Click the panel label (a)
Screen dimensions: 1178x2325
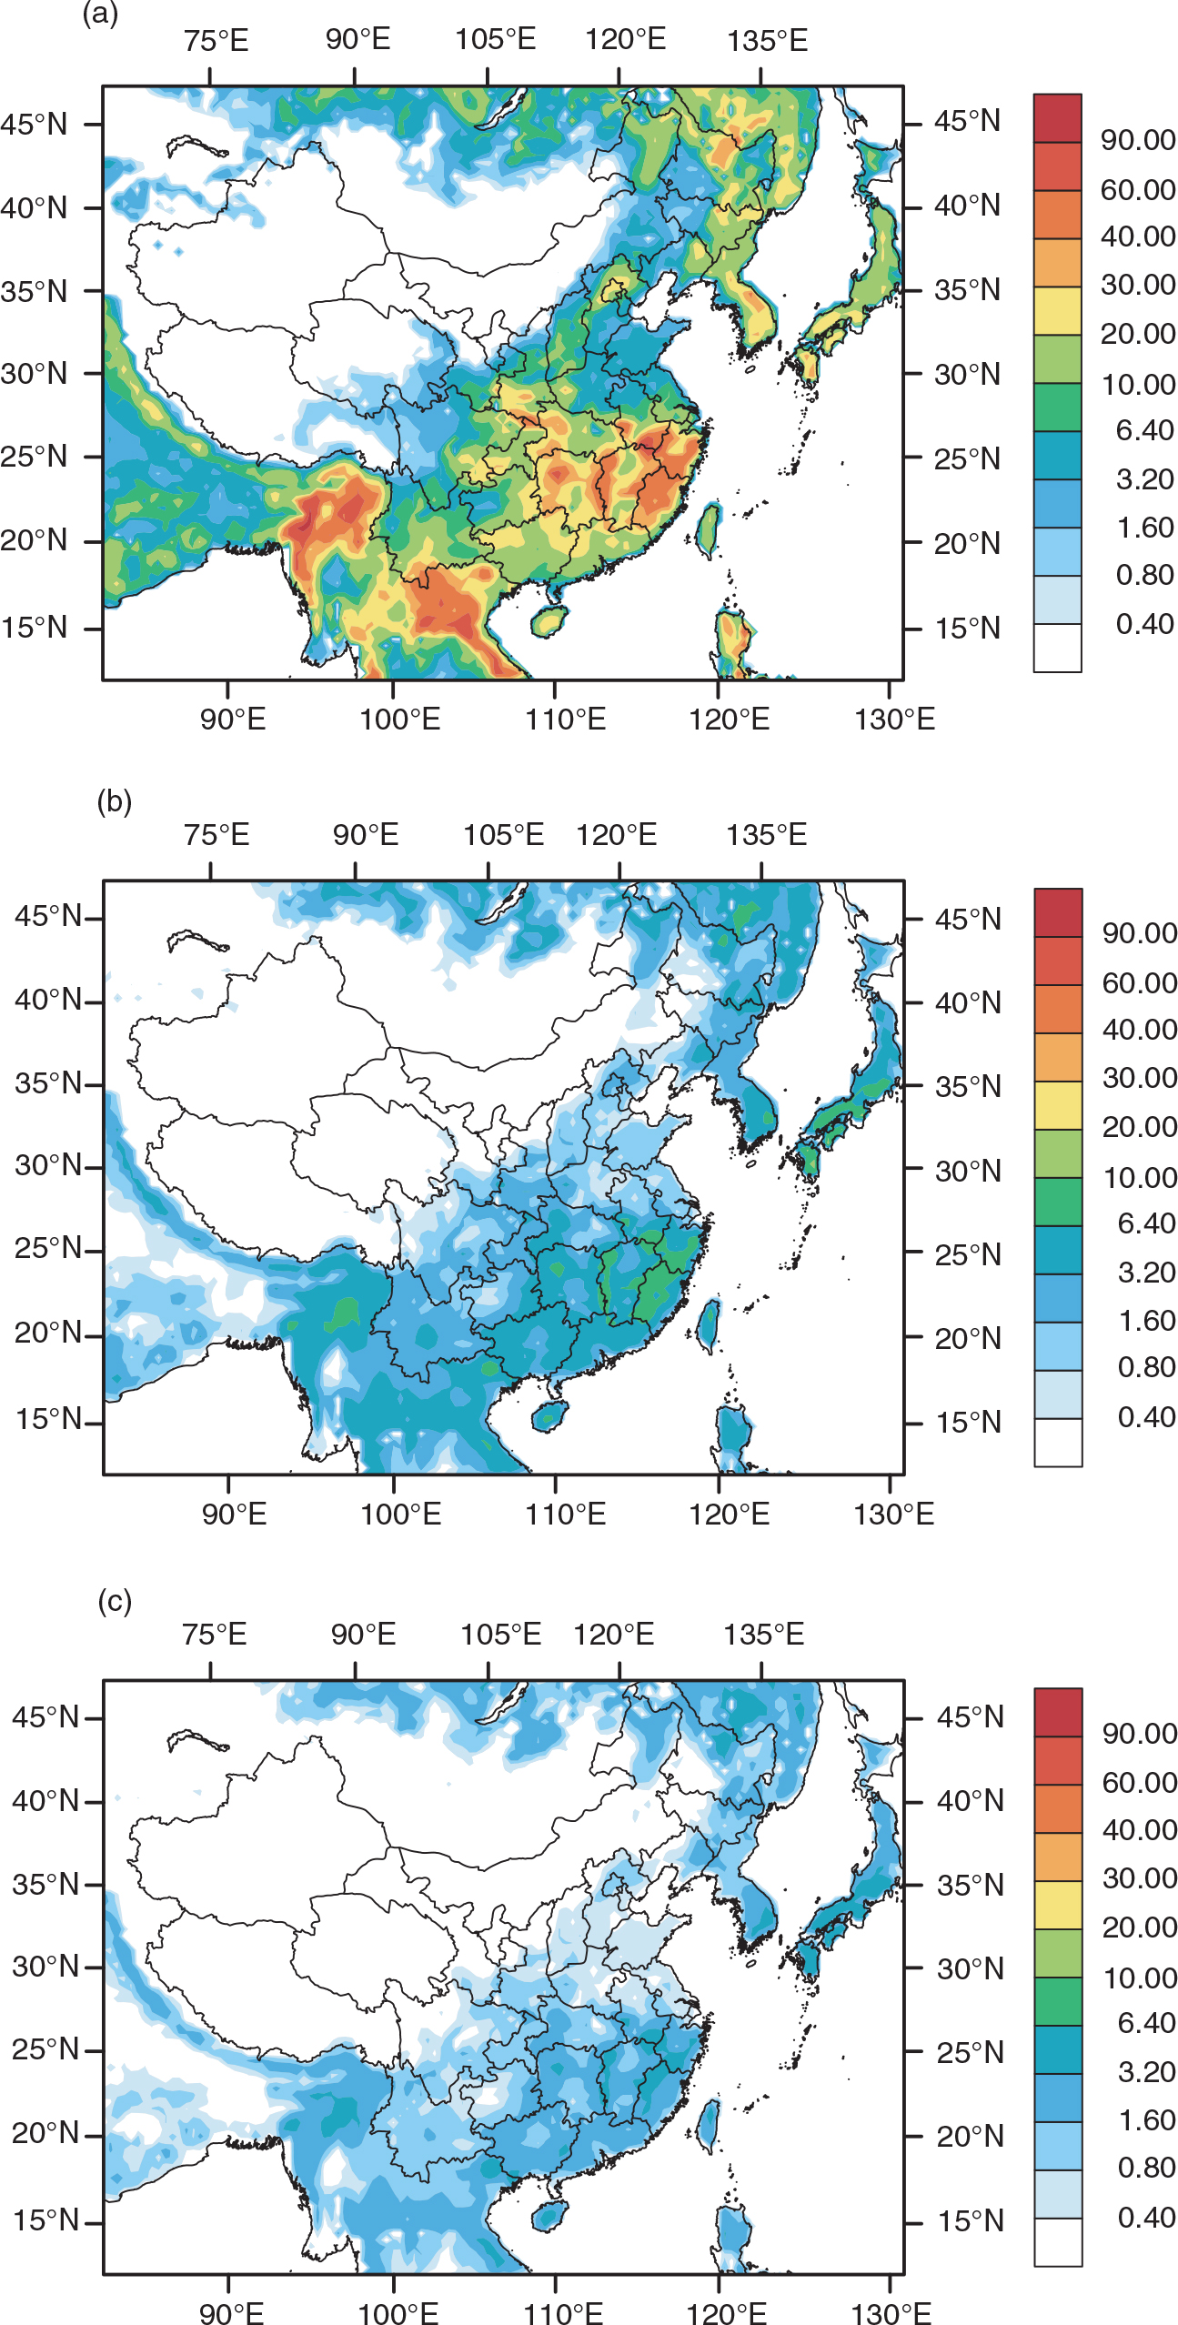[x=100, y=15]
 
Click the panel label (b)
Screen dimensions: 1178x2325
[x=115, y=801]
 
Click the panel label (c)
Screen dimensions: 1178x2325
[x=115, y=1600]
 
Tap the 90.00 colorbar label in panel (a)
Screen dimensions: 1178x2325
[x=1138, y=140]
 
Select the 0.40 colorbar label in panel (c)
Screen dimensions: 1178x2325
[x=1146, y=2217]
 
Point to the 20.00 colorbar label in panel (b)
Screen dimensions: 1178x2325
[x=1139, y=1127]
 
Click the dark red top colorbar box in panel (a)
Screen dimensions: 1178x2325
[x=1057, y=118]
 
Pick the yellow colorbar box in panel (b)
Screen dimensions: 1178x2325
[x=1058, y=1105]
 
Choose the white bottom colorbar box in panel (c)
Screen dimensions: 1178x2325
[x=1058, y=2241]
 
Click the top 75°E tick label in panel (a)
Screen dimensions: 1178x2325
[x=216, y=41]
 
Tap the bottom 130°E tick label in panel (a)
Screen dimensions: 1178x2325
[x=894, y=720]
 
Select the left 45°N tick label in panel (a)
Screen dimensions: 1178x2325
[x=35, y=124]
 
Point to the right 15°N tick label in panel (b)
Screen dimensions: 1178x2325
[x=968, y=1422]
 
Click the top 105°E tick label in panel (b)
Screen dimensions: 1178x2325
[x=503, y=834]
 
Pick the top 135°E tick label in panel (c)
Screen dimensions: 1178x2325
[x=763, y=1635]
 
